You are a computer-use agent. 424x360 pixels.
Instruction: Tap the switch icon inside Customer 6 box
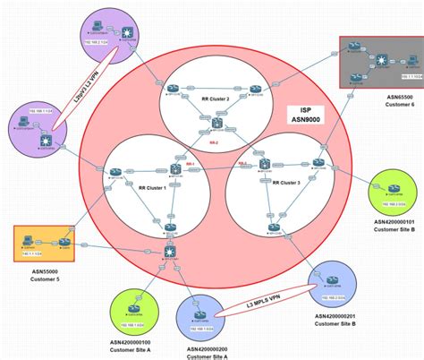383,60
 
